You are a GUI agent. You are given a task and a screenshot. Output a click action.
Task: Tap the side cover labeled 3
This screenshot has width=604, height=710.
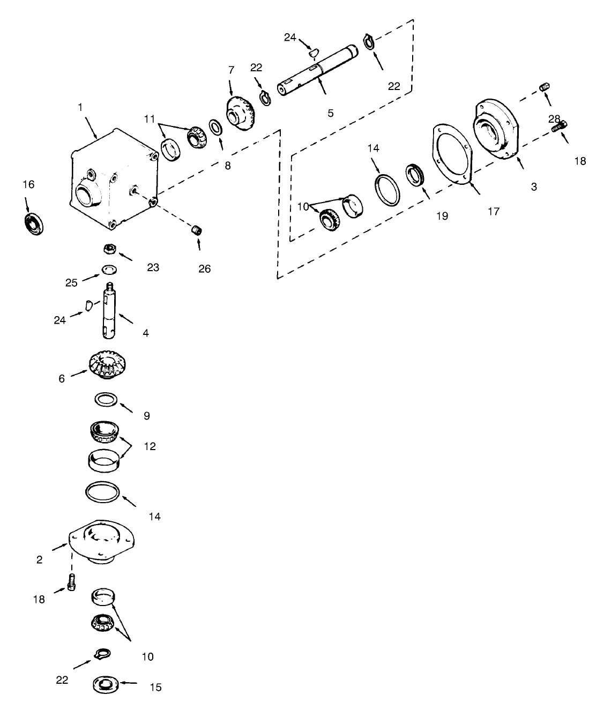pyautogui.click(x=496, y=129)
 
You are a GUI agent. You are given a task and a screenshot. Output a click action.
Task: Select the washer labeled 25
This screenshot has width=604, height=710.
pyautogui.click(x=109, y=268)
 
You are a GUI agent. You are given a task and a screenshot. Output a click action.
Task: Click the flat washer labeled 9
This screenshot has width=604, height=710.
pyautogui.click(x=106, y=400)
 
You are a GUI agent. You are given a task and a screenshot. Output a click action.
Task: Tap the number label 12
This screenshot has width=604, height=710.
pyautogui.click(x=150, y=446)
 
